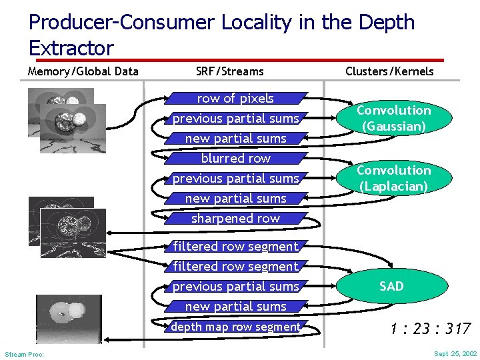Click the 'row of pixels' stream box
[x=235, y=99]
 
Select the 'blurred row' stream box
[x=235, y=159]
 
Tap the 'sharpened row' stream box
[x=235, y=219]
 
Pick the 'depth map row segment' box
[x=235, y=327]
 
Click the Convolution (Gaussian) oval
[x=393, y=118]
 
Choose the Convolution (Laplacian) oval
[x=393, y=178]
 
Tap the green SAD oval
[x=391, y=286]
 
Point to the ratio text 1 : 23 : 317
[x=431, y=328]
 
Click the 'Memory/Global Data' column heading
[x=83, y=71]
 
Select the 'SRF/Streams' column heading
[x=230, y=71]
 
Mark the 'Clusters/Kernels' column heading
[x=389, y=71]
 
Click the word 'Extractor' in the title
[x=71, y=48]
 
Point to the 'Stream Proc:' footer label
[x=24, y=354]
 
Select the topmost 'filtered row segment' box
[x=235, y=247]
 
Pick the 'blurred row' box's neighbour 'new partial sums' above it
[x=235, y=139]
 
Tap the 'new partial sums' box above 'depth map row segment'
[x=235, y=307]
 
